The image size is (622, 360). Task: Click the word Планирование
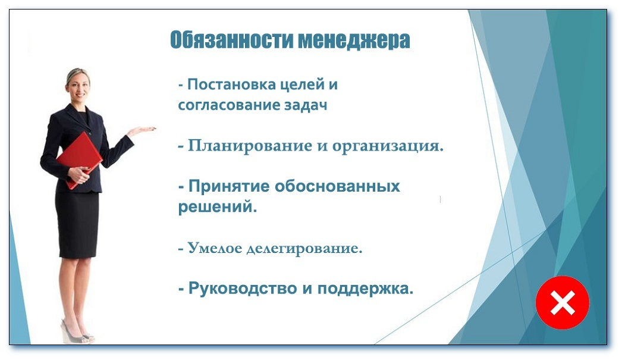(x=250, y=146)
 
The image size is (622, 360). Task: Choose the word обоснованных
(x=337, y=186)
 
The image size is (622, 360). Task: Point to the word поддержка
(x=365, y=289)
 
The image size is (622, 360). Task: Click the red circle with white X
(x=562, y=303)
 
